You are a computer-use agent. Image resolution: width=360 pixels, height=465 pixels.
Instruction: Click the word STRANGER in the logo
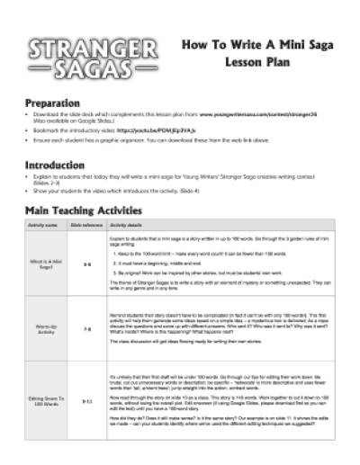click(x=71, y=48)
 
